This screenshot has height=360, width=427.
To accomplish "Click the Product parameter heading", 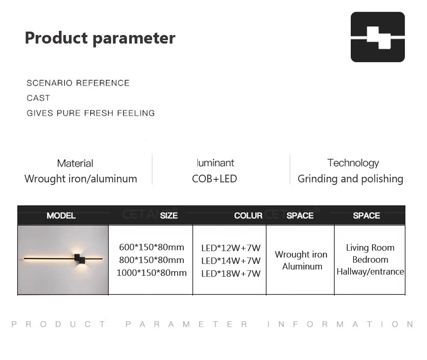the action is click(x=100, y=38).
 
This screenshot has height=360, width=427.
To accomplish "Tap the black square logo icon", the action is click(x=377, y=37).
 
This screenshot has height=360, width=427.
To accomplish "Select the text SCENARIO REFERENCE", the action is click(x=78, y=83).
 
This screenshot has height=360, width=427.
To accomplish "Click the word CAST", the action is click(x=38, y=98).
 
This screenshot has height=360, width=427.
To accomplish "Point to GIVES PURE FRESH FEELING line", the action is click(x=91, y=113).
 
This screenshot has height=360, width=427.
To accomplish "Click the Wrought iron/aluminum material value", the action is click(x=81, y=179).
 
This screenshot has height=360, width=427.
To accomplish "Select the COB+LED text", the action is click(x=214, y=179).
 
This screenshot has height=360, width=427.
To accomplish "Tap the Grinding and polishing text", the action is click(x=350, y=179).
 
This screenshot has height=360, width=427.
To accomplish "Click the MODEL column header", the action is click(x=61, y=216).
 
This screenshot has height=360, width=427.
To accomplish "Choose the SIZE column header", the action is click(x=169, y=216).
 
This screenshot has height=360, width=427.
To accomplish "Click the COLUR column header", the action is click(x=248, y=216).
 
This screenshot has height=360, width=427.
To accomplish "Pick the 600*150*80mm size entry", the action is click(x=152, y=247).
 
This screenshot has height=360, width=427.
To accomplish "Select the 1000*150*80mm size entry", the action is click(x=152, y=273).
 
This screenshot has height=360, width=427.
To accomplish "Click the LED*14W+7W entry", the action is click(x=231, y=261).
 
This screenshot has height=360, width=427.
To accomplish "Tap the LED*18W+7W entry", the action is click(x=231, y=274).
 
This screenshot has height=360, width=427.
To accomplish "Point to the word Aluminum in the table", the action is click(x=302, y=266).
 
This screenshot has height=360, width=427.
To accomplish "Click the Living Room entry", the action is click(x=370, y=248).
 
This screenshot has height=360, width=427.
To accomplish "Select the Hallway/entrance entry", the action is click(x=370, y=272).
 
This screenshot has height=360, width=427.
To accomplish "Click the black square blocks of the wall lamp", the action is click(x=80, y=259).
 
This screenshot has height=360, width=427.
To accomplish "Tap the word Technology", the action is click(x=353, y=163).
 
